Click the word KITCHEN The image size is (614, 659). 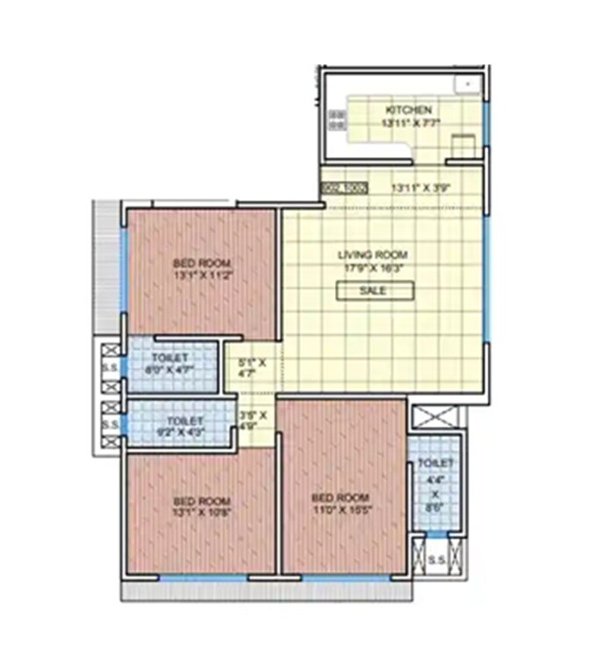pyautogui.click(x=407, y=111)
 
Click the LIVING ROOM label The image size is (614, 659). pyautogui.click(x=373, y=255)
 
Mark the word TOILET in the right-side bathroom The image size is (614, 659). pyautogui.click(x=435, y=463)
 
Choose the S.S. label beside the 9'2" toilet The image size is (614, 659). pyautogui.click(x=111, y=426)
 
